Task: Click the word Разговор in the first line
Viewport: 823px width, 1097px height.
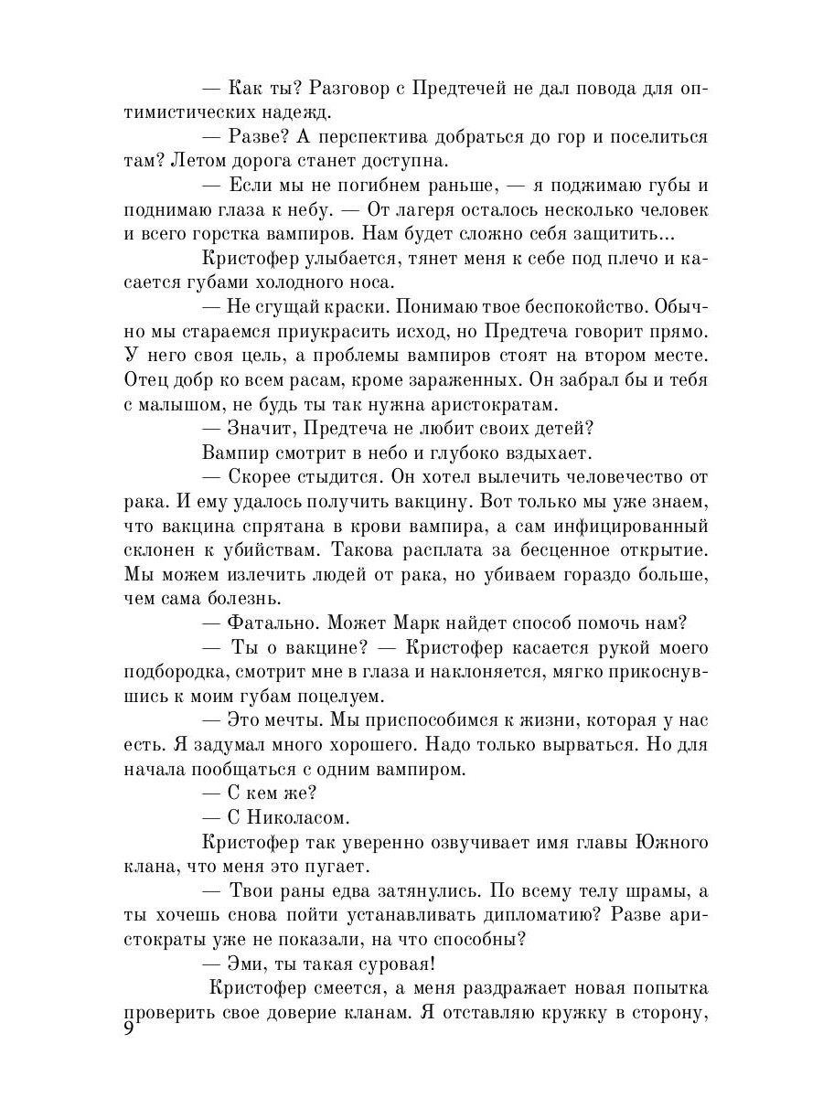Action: coord(356,90)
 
